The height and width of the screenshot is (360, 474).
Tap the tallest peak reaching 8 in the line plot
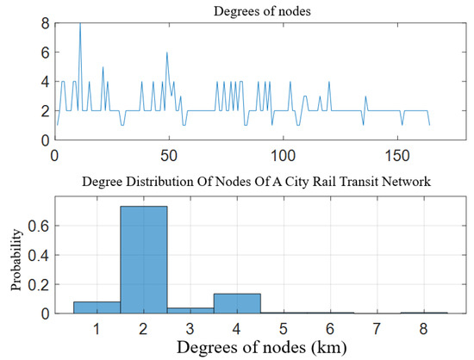coord(80,24)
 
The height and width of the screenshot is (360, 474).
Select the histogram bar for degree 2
coord(144,258)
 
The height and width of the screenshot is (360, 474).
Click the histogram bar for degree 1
coord(97,307)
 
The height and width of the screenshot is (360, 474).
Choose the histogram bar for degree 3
coord(190,310)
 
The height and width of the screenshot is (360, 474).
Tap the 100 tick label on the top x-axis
coord(283,155)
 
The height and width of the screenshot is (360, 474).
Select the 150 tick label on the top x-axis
coord(396,155)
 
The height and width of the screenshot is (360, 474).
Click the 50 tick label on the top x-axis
coord(169,155)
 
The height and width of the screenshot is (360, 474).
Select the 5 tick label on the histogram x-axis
coord(284,328)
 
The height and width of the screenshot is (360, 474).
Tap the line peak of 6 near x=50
coord(167,53)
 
